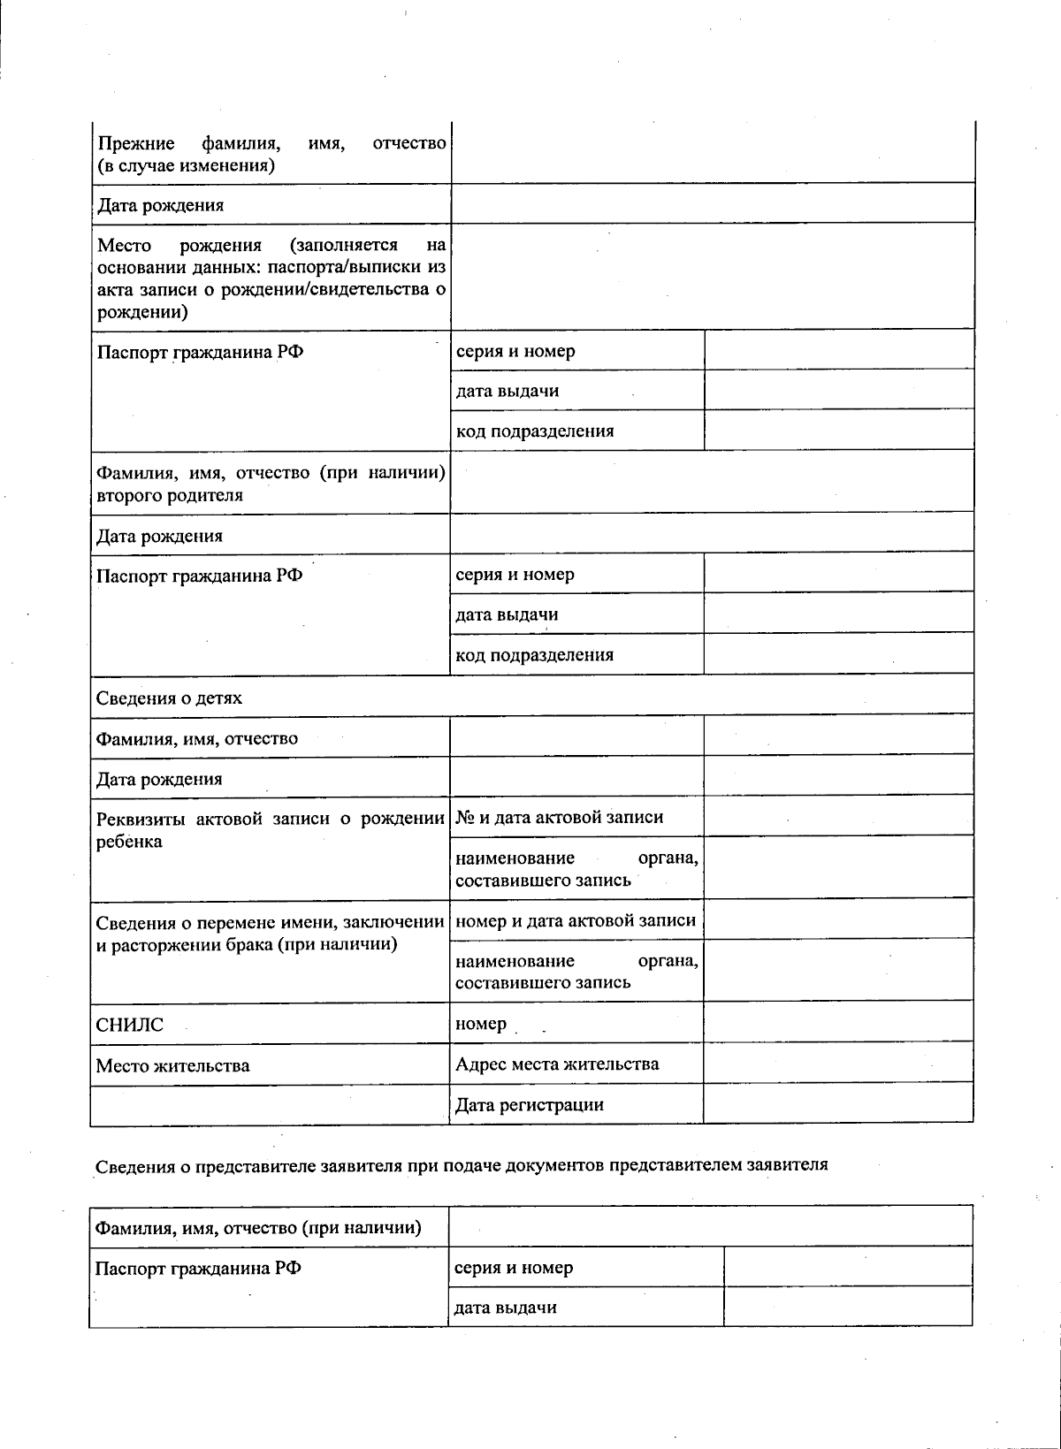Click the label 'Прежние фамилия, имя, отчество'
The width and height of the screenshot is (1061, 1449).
(x=271, y=155)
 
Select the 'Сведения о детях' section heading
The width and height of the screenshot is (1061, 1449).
(x=169, y=698)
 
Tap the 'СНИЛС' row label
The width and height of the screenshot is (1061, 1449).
(x=130, y=1026)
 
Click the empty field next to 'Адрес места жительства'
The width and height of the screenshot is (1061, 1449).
(x=838, y=1064)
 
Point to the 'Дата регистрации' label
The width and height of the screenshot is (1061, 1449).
(x=529, y=1105)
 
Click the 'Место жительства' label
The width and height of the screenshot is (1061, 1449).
(x=172, y=1066)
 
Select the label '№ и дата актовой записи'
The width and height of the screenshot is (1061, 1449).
(x=559, y=818)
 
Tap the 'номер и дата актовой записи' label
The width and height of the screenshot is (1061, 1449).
(x=575, y=921)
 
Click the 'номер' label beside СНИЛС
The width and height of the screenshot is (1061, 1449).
(x=481, y=1025)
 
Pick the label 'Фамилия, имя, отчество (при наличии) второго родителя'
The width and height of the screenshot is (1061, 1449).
(x=271, y=484)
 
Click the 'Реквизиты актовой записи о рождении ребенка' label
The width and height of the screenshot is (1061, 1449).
(x=271, y=829)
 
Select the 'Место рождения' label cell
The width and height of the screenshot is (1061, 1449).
(x=271, y=278)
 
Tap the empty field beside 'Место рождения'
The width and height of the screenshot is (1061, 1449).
(x=713, y=277)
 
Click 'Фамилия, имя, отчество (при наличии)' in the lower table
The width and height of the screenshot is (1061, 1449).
(x=258, y=1228)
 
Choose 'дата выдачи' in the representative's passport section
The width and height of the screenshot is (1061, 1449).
(x=505, y=1308)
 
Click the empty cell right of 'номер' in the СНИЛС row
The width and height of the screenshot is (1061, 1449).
(x=838, y=1023)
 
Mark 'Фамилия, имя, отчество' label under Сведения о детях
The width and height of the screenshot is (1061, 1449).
(x=197, y=739)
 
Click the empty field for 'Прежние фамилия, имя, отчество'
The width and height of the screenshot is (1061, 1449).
(x=713, y=155)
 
